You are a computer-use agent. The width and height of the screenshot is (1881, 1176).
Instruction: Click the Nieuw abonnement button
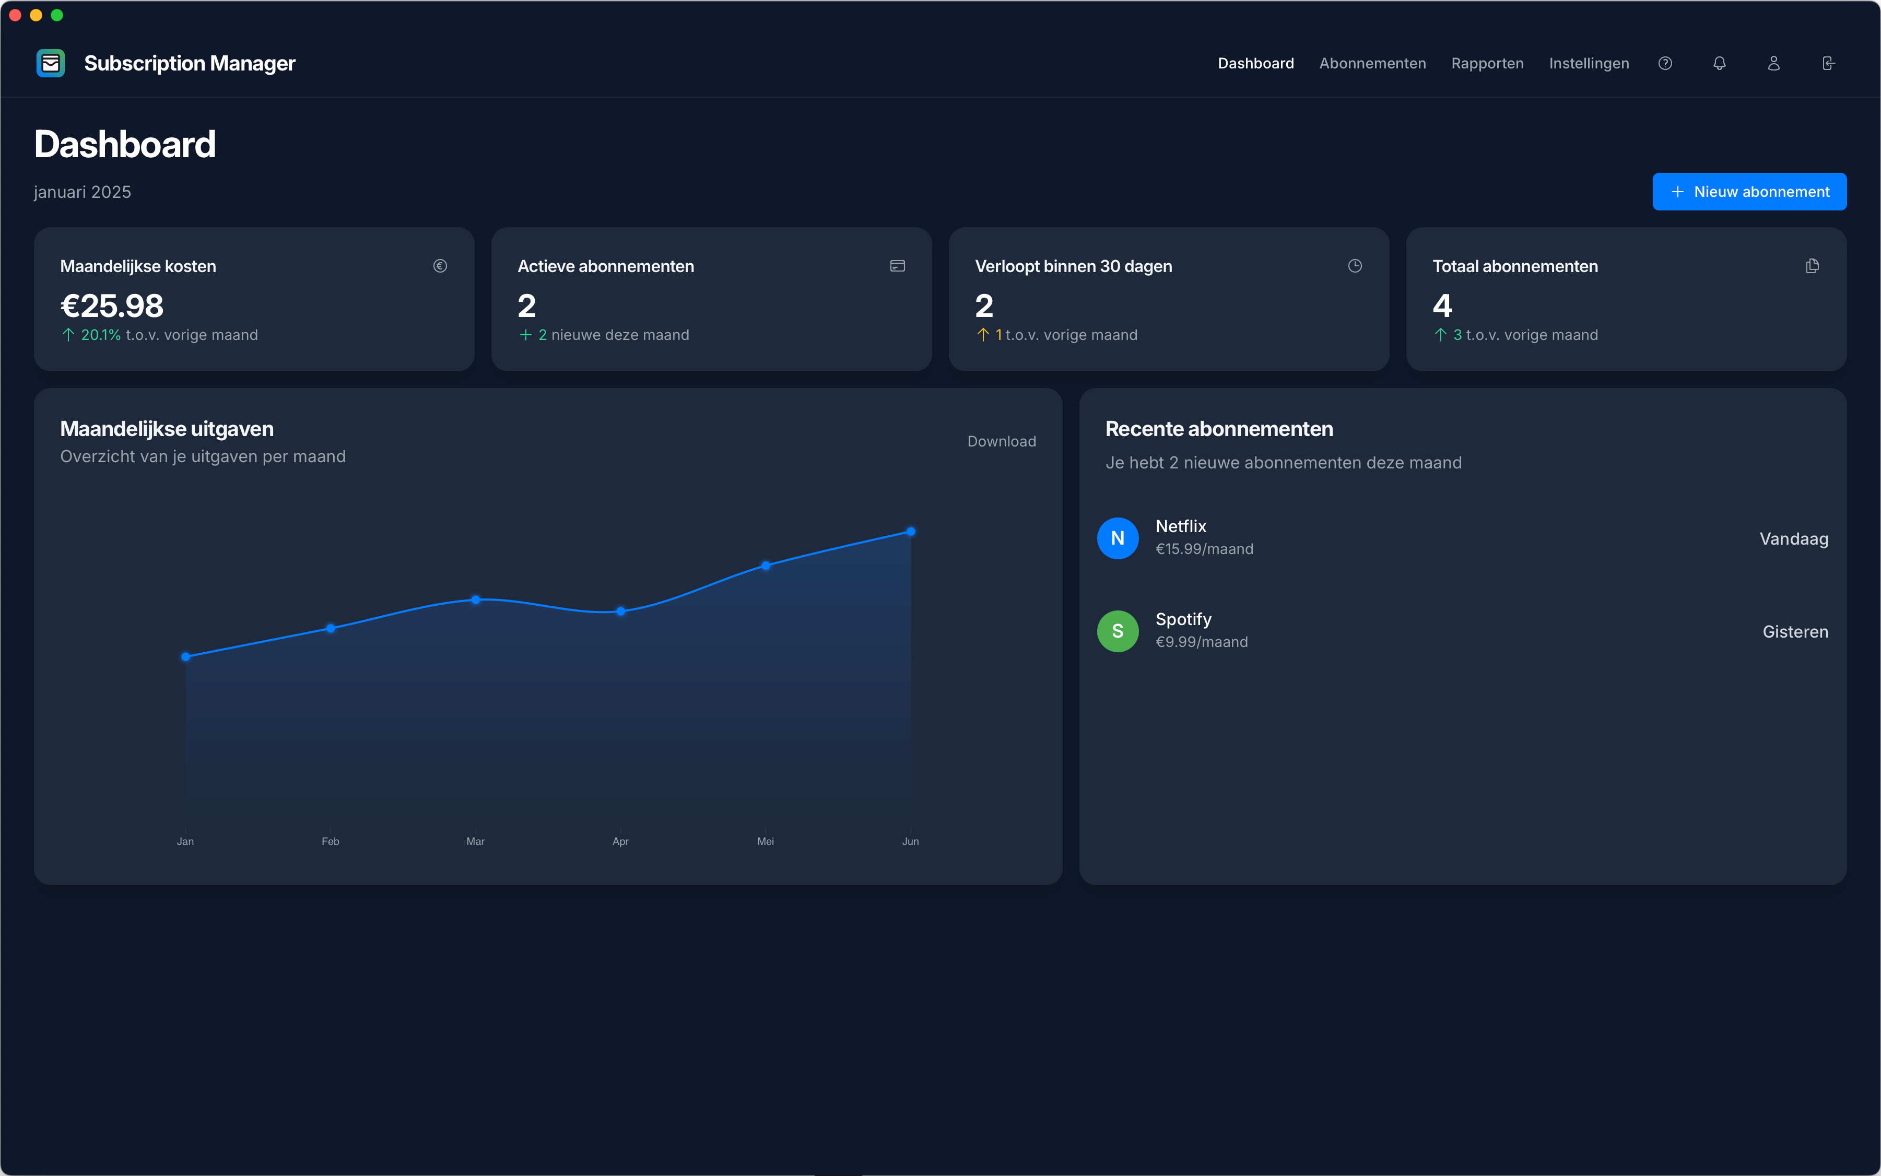[1749, 191]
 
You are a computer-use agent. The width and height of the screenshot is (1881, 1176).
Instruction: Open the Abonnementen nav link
[1372, 63]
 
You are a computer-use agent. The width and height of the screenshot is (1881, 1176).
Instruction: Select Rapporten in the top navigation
[1487, 63]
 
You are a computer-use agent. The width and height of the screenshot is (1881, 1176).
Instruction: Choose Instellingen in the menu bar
[1588, 63]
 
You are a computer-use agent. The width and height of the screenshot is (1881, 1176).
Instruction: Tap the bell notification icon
[1719, 63]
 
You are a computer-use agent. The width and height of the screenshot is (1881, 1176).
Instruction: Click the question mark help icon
[1665, 63]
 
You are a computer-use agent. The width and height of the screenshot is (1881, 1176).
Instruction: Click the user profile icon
[1774, 63]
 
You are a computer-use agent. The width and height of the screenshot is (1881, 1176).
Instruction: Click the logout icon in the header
[1828, 63]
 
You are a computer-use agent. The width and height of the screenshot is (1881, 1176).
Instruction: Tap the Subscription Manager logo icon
[51, 63]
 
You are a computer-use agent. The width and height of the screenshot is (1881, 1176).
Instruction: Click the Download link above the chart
[1001, 441]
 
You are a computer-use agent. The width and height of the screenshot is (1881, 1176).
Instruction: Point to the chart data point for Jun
[911, 531]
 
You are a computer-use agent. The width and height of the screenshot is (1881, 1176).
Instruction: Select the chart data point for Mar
[475, 599]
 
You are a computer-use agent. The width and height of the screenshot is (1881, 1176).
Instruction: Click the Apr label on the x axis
[620, 841]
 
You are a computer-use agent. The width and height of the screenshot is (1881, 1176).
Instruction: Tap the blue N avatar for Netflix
[1118, 538]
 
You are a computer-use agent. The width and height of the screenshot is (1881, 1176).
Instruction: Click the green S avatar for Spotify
[1118, 631]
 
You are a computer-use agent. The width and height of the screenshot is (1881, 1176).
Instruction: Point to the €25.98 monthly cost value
[112, 305]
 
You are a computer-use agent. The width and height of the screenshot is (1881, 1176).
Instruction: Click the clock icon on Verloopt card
[1355, 266]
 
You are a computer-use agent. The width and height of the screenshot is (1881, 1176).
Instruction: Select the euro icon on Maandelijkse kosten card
[440, 266]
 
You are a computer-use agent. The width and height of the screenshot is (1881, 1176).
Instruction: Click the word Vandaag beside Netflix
[1793, 539]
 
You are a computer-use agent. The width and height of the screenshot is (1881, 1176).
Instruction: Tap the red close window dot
[15, 15]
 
